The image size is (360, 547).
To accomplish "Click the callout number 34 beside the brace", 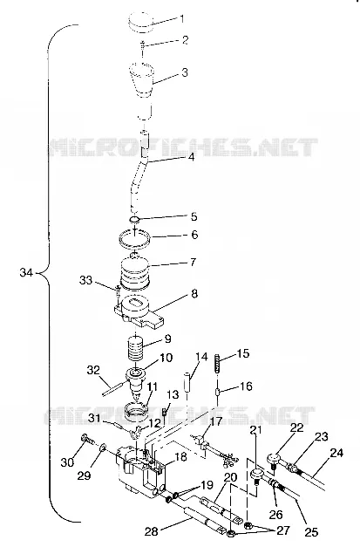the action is (x=26, y=272).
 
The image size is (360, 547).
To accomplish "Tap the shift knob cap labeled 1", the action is (x=140, y=23).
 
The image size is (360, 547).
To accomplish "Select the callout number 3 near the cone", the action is (x=184, y=72).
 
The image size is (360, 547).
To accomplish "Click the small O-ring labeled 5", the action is (x=134, y=220).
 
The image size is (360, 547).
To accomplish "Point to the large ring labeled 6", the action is (x=135, y=240).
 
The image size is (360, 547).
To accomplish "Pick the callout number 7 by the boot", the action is (x=193, y=262).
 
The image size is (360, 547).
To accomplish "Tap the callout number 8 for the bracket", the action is (x=194, y=294).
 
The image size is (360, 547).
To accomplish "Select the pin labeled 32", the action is (x=113, y=388).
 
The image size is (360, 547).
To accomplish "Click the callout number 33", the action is (x=85, y=280).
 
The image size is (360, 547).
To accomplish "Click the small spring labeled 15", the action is (x=217, y=363).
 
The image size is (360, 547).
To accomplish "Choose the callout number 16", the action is (x=246, y=386).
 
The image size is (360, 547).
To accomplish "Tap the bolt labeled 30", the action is (x=87, y=439).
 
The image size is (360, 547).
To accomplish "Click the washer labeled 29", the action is (x=103, y=448).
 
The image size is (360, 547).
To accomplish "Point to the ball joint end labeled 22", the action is (x=274, y=459).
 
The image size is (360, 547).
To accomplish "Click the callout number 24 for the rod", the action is (x=336, y=453).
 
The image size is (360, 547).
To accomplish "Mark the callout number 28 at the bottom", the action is (x=152, y=531).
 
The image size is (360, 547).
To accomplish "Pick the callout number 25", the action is (x=311, y=532).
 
